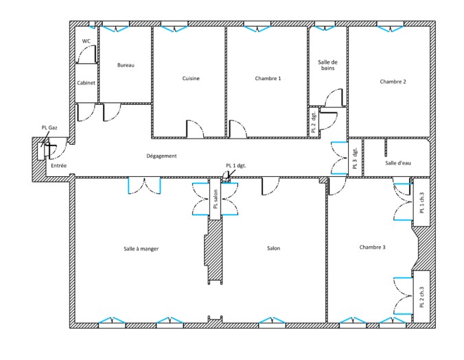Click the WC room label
86,41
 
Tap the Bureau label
126,65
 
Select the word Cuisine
191,78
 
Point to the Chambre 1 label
268,78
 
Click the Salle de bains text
328,65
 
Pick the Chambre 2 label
393,82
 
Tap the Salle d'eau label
398,163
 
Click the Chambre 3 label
372,247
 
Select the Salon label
273,248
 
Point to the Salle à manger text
141,249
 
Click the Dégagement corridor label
161,156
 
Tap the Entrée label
58,165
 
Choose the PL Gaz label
49,128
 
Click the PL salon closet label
216,199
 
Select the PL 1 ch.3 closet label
422,203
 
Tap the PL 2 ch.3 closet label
422,297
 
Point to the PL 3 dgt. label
355,158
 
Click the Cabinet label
86,83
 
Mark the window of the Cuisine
174,28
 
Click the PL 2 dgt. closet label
314,122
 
